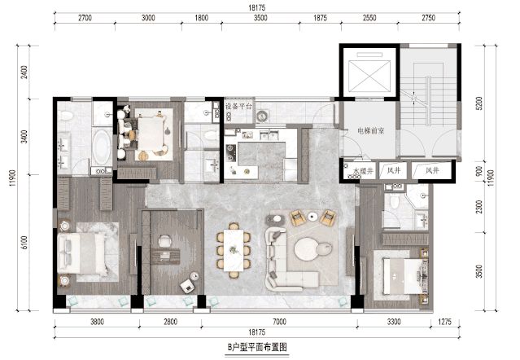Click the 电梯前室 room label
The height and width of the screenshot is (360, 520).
click(370, 131)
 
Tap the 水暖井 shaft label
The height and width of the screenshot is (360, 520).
click(363, 171)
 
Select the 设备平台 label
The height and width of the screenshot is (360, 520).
click(238, 107)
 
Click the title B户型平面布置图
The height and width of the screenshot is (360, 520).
click(257, 347)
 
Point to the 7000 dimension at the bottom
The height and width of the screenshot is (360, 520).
click(279, 322)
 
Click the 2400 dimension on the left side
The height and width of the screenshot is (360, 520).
click(24, 72)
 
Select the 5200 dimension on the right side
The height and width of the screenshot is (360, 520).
click(479, 103)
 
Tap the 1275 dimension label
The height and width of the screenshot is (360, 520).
click(445, 322)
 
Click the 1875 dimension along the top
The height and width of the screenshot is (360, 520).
click(320, 18)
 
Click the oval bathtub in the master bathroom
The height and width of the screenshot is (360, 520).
click(102, 147)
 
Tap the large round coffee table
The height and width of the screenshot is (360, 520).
click(307, 249)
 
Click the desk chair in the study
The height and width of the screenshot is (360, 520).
click(164, 241)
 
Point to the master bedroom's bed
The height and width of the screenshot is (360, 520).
click(82, 253)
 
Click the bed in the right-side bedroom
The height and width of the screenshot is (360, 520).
click(404, 276)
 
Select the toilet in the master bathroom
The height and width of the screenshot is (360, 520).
click(66, 116)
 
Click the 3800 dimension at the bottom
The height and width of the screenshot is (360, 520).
click(97, 322)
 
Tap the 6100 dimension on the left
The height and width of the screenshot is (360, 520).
click(24, 243)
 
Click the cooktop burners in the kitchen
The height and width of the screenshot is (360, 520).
click(229, 151)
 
